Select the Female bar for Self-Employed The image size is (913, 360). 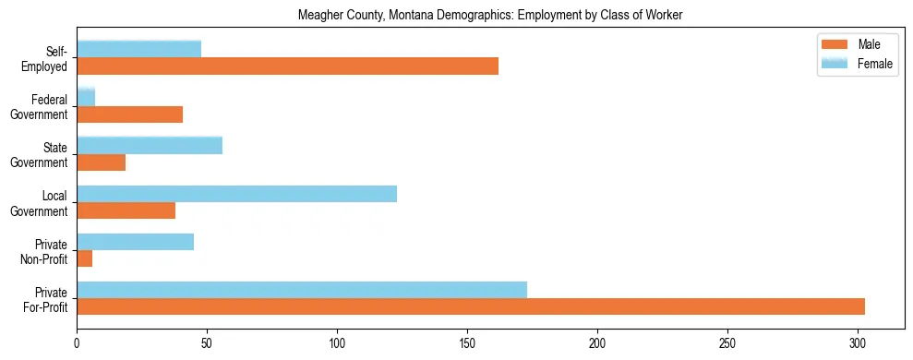point(138,49)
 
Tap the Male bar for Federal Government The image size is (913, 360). point(129,114)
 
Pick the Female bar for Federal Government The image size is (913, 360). point(86,97)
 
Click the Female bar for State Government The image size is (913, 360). point(150,145)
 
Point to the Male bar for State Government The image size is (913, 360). point(101,162)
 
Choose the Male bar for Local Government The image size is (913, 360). point(126,210)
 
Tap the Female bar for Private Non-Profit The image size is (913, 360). point(135,242)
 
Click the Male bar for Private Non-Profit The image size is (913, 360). point(84,258)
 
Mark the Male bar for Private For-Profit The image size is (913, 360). point(471,306)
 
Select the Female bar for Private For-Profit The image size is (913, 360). point(302,290)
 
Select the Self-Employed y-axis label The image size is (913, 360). point(50,58)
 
